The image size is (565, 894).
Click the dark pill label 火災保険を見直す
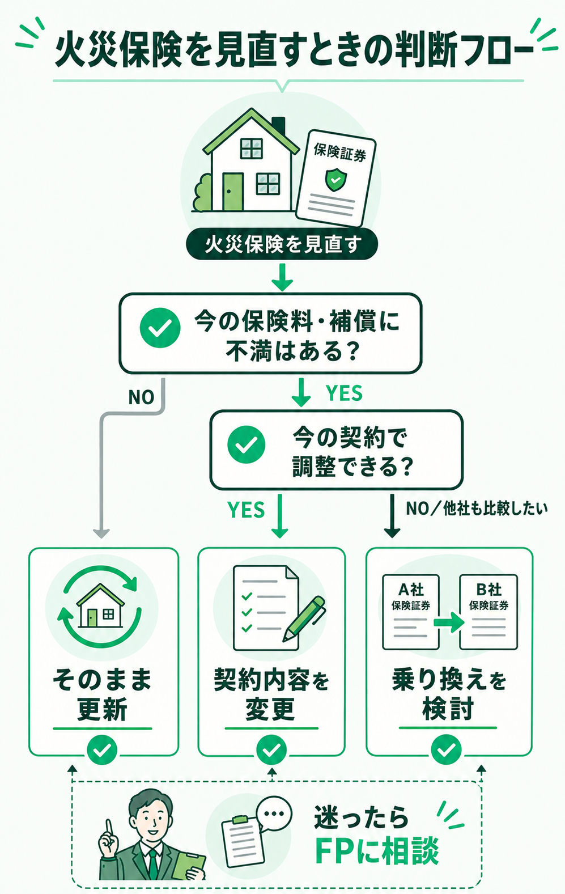[x=282, y=244]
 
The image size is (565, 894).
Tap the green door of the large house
[x=232, y=192]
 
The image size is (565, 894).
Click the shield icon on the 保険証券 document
[x=336, y=180]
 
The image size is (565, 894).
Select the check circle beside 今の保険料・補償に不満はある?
[x=160, y=328]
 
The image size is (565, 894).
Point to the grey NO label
[x=141, y=397]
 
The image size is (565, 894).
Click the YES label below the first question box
[x=344, y=393]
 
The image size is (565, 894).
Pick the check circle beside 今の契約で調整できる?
[x=246, y=444]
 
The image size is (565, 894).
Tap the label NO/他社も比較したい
[x=477, y=509]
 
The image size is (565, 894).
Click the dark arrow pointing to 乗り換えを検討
[x=392, y=516]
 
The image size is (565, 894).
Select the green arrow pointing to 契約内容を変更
[x=280, y=516]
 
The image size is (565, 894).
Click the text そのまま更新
[x=103, y=695]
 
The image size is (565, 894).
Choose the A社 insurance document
[x=411, y=612]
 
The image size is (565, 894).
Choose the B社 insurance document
[x=488, y=612]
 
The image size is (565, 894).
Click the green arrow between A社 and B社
[x=449, y=622]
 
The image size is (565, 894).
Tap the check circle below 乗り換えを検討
[x=446, y=751]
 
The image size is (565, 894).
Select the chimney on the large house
[x=279, y=126]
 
